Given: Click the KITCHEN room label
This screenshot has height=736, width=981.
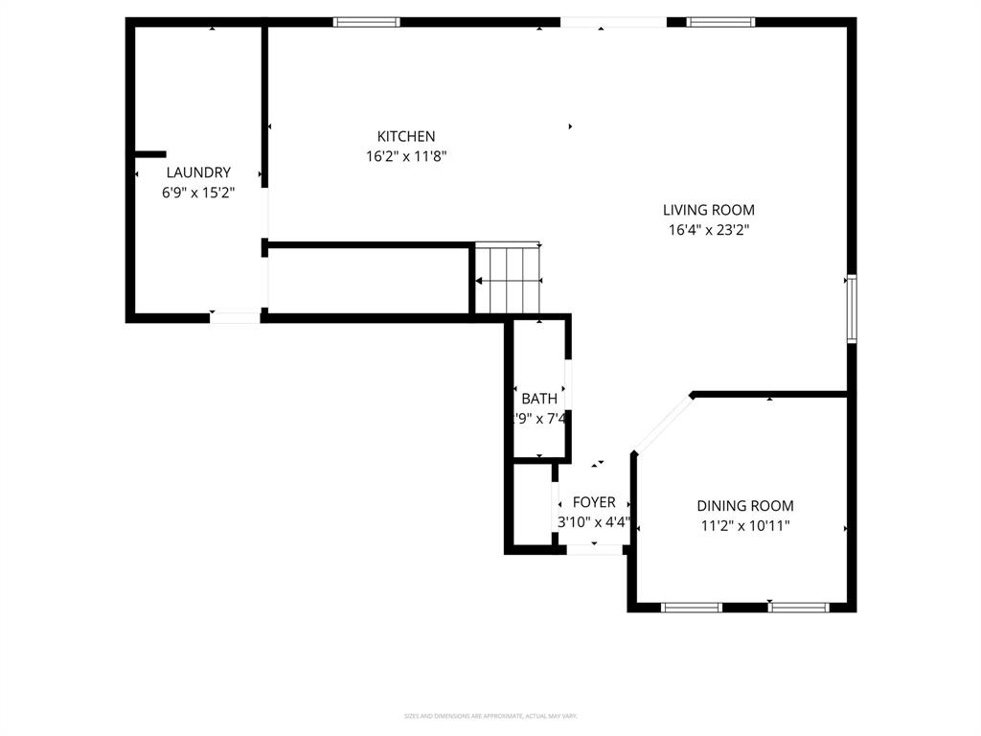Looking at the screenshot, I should (406, 137).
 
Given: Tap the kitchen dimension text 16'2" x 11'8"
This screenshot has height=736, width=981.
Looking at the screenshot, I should (406, 156).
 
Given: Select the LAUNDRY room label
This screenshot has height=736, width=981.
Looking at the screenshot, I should (198, 172).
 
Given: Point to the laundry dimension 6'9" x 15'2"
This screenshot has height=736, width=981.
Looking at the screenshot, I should (198, 192).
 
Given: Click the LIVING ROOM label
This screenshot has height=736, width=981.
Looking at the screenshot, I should (709, 210).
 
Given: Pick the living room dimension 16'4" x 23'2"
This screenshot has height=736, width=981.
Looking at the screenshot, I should (709, 229).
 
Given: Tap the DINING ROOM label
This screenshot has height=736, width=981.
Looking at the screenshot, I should (744, 506).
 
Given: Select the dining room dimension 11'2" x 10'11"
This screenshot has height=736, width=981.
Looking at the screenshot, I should (744, 525).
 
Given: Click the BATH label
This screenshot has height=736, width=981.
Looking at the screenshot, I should (539, 399).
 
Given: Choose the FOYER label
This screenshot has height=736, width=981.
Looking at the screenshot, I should (594, 502).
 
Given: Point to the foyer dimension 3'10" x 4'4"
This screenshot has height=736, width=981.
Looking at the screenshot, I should (594, 522).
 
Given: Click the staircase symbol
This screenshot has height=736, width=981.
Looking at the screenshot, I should (509, 279).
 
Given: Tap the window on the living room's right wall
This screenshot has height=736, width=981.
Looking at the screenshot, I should (850, 309).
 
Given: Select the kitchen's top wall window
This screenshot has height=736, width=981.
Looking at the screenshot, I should (367, 22).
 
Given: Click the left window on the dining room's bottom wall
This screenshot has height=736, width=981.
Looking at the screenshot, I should (692, 607).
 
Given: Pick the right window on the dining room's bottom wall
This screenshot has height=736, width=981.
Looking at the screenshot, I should (799, 607).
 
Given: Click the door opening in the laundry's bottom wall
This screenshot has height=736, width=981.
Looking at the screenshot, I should (235, 317).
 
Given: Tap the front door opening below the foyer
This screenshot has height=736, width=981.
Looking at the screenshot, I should (594, 549).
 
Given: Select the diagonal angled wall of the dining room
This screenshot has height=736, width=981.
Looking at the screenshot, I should (662, 423).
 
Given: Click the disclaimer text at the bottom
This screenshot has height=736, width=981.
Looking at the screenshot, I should (490, 716).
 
